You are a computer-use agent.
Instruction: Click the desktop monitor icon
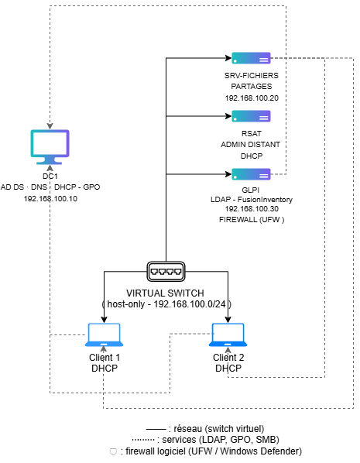(x=50, y=146)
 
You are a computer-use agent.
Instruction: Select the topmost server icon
(x=251, y=58)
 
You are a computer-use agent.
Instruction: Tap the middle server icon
(x=251, y=116)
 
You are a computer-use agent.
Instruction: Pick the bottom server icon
(x=251, y=174)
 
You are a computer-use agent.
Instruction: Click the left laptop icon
(x=104, y=334)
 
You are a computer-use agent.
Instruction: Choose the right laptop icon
(x=228, y=334)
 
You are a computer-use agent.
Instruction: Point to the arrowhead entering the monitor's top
(x=50, y=126)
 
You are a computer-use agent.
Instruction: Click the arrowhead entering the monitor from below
(x=50, y=167)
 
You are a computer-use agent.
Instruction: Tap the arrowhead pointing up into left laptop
(x=104, y=349)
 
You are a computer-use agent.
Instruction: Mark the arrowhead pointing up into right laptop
(x=228, y=349)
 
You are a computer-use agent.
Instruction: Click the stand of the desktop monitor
(x=50, y=161)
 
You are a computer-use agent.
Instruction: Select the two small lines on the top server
(x=264, y=59)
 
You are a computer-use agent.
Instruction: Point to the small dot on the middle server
(x=235, y=119)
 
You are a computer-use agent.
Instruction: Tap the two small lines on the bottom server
(x=264, y=176)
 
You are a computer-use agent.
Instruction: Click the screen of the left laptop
(x=104, y=331)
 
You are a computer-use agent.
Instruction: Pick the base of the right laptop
(x=228, y=344)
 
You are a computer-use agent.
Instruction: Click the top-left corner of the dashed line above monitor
(x=50, y=6)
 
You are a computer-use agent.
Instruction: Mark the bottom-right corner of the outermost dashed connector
(x=353, y=408)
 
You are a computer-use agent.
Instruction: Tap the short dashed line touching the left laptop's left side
(x=68, y=334)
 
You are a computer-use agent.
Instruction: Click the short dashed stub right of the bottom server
(x=279, y=174)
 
